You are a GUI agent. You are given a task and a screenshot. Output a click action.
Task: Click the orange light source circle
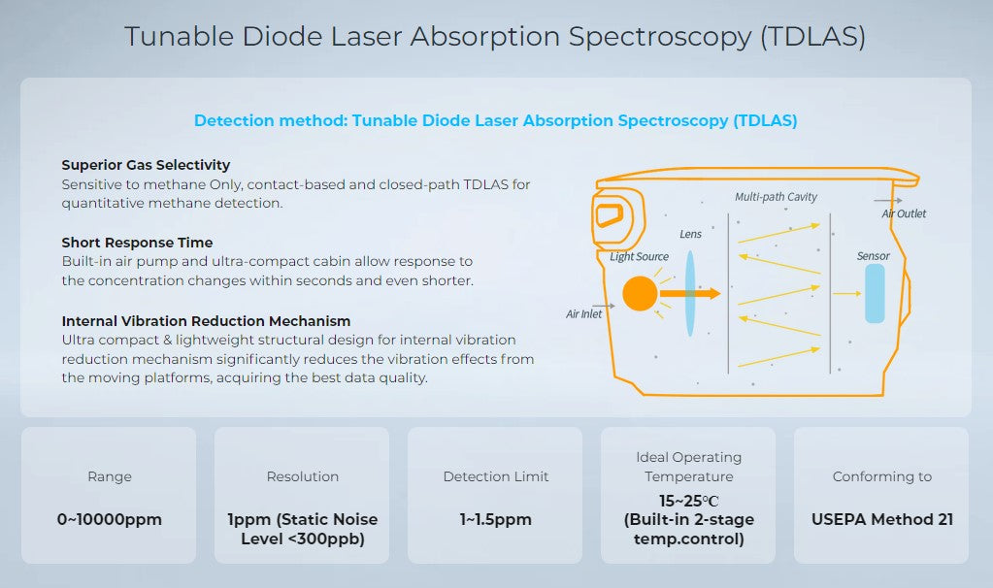(640, 293)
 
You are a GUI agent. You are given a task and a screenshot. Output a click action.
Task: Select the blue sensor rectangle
(875, 293)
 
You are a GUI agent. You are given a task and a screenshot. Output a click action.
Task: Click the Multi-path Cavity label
(776, 197)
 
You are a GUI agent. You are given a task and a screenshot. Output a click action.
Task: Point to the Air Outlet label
(903, 213)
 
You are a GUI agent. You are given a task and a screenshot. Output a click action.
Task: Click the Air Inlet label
(584, 314)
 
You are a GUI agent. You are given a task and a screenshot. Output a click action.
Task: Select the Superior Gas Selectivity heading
(146, 165)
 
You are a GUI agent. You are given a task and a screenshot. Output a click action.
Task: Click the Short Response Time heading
(137, 243)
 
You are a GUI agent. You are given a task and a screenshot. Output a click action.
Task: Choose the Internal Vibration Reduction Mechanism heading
(206, 320)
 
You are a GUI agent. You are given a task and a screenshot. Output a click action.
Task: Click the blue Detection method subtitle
(495, 121)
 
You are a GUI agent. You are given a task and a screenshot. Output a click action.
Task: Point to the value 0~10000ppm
(109, 519)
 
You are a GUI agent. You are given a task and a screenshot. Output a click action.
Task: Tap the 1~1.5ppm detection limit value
(495, 519)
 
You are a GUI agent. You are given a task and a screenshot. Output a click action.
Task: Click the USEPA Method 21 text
(881, 519)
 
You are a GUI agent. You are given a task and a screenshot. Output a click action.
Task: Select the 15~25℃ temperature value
(687, 501)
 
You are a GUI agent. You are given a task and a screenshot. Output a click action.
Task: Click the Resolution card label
(302, 476)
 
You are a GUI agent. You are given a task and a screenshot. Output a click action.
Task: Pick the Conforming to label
(881, 476)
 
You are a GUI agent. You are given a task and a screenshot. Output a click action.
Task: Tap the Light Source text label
(639, 256)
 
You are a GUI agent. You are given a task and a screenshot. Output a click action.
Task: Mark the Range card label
(109, 476)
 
